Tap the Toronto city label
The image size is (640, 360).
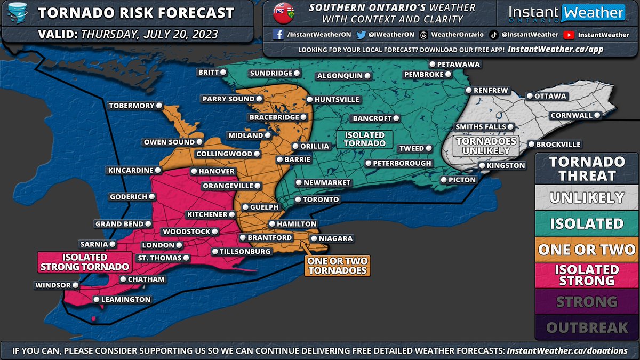point(321,199)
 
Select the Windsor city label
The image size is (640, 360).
point(52,285)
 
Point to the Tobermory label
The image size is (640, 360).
point(131,106)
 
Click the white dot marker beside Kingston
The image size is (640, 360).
point(482,166)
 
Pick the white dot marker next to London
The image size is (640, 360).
point(179,245)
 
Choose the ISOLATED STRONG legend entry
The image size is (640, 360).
point(587,275)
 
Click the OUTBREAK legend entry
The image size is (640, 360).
point(587,327)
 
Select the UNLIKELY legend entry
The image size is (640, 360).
point(587,197)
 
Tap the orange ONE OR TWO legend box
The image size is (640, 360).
point(587,249)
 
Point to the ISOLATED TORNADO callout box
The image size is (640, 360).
point(365,139)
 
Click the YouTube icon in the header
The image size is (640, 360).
point(569,35)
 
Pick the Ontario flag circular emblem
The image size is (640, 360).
point(283,13)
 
